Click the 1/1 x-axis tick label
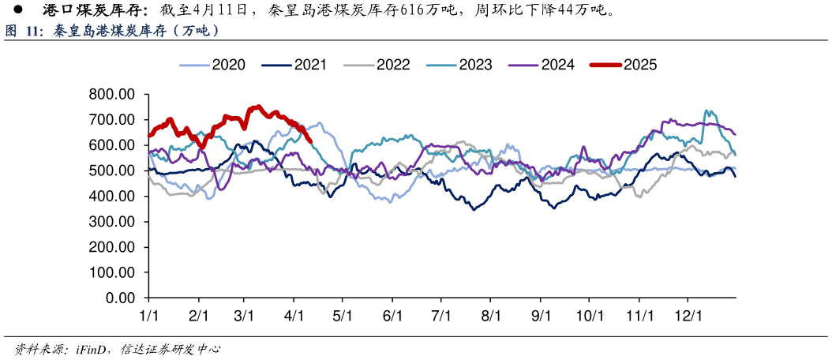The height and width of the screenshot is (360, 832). click(x=148, y=316)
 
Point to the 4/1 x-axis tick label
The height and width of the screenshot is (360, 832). click(x=294, y=316)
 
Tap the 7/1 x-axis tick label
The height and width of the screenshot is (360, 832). click(x=441, y=316)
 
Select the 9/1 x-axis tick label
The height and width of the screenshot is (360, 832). click(x=541, y=316)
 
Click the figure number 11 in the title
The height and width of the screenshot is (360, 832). click(x=32, y=32)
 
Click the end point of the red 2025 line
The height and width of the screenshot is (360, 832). click(x=311, y=142)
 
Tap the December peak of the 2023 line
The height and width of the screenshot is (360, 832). click(x=706, y=111)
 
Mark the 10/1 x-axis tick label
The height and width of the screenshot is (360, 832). click(x=589, y=316)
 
